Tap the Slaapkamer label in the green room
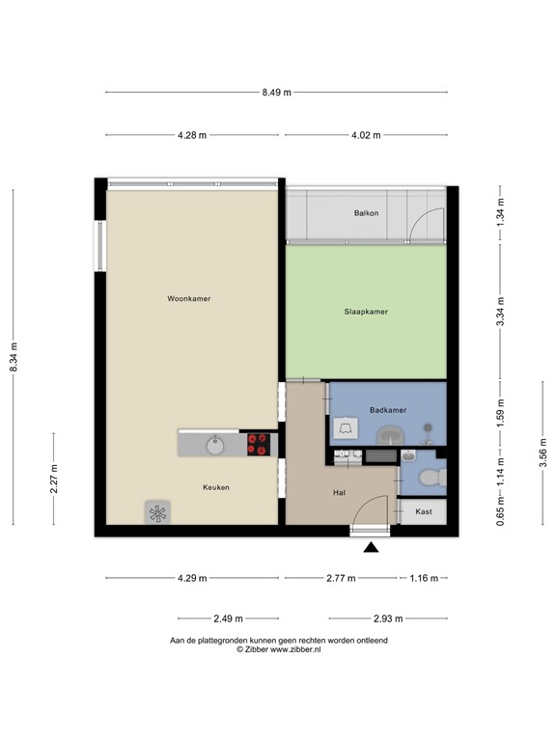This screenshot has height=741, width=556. coord(366,312)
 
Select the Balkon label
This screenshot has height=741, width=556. coord(366,212)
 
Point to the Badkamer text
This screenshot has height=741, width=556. coord(388,410)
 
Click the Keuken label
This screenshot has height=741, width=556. coord(215,487)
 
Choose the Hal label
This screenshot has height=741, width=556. coord(339,492)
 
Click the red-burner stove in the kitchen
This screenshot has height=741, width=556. coord(258,444)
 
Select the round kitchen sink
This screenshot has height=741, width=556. coord(214,444)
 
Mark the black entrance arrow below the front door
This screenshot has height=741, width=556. coord(371,549)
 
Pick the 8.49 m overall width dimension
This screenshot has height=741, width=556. coord(276,93)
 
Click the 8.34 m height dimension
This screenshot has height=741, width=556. coord(14,357)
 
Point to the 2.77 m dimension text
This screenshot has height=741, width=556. coord(341,579)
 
